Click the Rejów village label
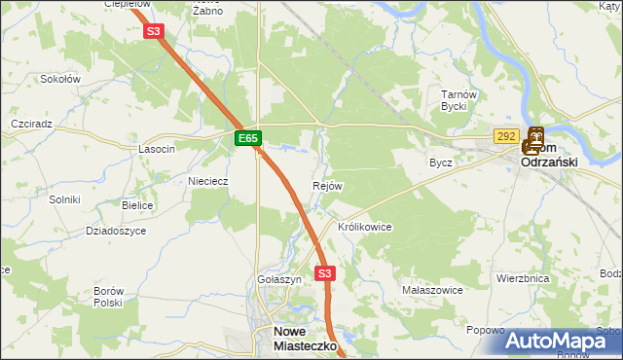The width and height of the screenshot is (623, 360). pos(327,186)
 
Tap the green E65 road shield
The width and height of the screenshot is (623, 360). pos(247,139)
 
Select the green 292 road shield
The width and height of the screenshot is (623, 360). pos(505,137)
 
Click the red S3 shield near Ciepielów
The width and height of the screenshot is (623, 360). pos(153,31)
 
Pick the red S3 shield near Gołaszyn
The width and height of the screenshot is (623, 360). pos(325,273)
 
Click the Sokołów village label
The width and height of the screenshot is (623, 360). pos(61,79)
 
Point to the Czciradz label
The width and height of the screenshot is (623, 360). pos(31,126)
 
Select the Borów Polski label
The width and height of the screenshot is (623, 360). pos(108,297)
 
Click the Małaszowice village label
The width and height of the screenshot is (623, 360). pos(431,290)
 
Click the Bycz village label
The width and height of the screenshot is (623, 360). pos(441,162)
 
